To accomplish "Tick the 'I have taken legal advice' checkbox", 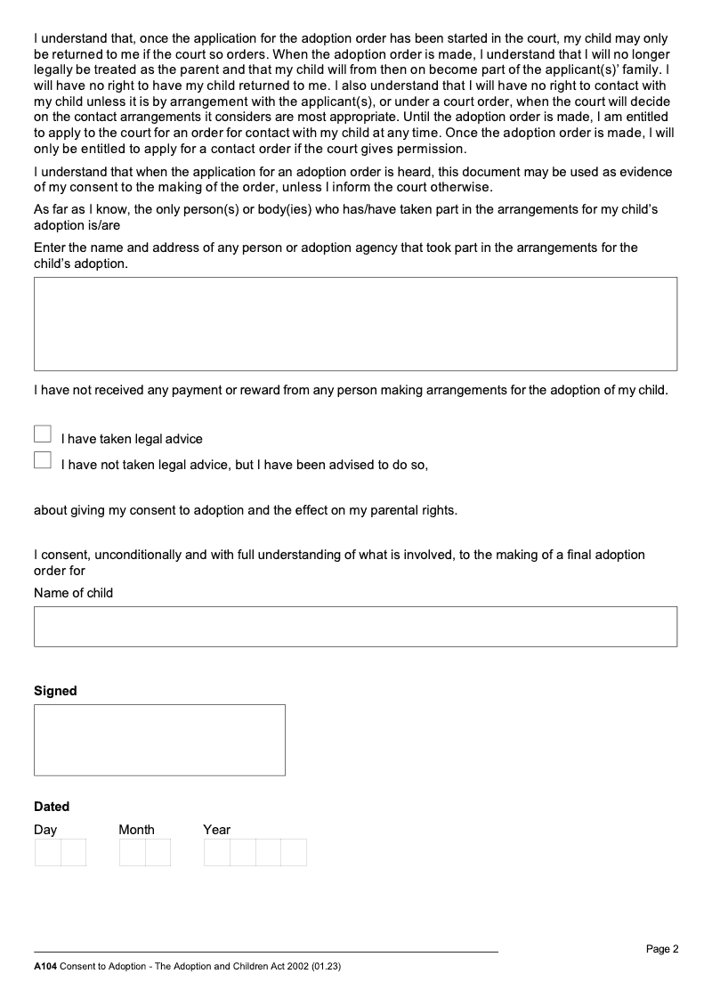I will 43,434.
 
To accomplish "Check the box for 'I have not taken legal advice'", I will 43,460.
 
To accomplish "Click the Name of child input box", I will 355,627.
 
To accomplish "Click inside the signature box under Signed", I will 159,740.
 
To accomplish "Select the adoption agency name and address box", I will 355,324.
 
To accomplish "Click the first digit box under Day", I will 48,852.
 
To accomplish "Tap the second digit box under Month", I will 158,852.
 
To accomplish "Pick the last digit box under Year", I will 294,852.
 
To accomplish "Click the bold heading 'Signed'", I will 55,691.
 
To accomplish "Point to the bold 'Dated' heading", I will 52,807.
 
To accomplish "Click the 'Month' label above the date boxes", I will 136,830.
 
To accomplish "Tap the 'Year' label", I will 216,830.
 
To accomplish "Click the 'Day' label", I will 45,830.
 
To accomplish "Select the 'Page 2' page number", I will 662,949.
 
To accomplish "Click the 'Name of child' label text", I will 74,593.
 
